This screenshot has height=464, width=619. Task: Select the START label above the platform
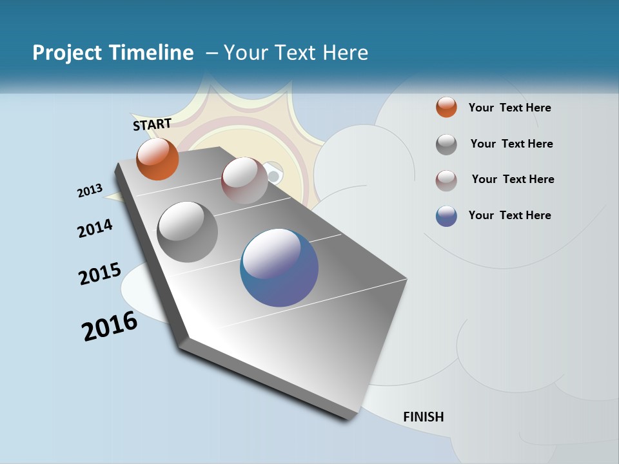152,124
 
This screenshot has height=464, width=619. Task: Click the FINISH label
423,417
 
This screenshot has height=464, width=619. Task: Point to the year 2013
90,191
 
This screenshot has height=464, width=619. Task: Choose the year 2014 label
95,229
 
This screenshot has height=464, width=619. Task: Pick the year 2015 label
100,273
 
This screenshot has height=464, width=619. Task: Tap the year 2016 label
110,326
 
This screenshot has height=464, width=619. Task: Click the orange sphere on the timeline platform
157,159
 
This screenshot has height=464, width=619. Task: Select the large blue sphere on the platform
279,267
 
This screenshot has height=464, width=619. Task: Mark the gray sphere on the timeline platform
188,232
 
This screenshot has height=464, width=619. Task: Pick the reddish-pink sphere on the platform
244,180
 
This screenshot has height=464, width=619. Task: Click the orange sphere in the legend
446,107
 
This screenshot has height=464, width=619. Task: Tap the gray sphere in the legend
446,144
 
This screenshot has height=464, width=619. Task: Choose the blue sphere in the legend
446,216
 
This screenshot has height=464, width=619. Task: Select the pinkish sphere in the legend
446,180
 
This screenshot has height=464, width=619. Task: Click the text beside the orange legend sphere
509,108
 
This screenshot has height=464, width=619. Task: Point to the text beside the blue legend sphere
509,215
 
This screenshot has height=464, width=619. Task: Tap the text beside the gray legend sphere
511,144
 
